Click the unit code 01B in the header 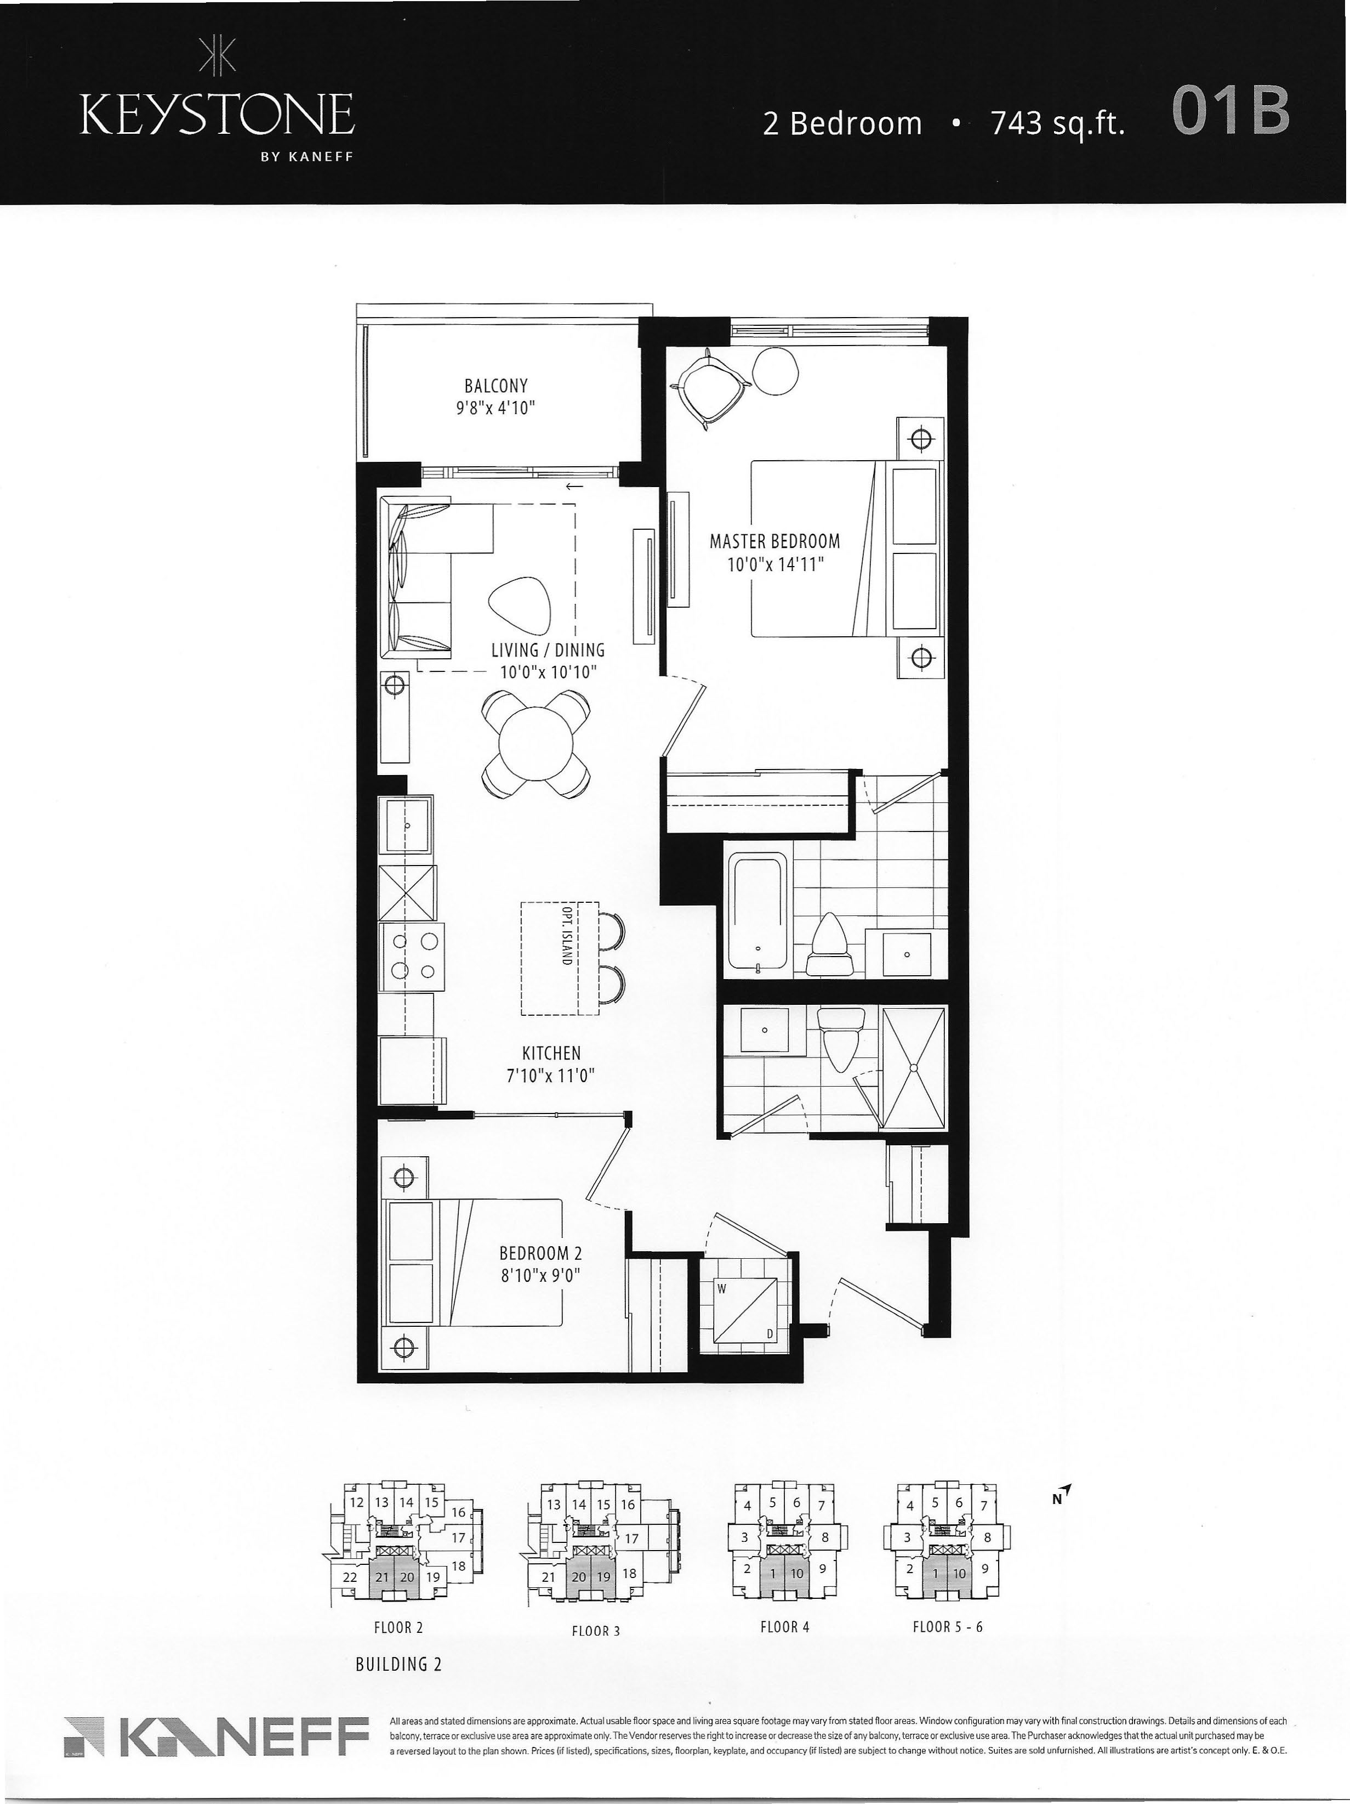[1231, 112]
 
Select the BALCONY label [495, 385]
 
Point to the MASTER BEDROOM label [774, 541]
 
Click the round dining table [536, 743]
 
